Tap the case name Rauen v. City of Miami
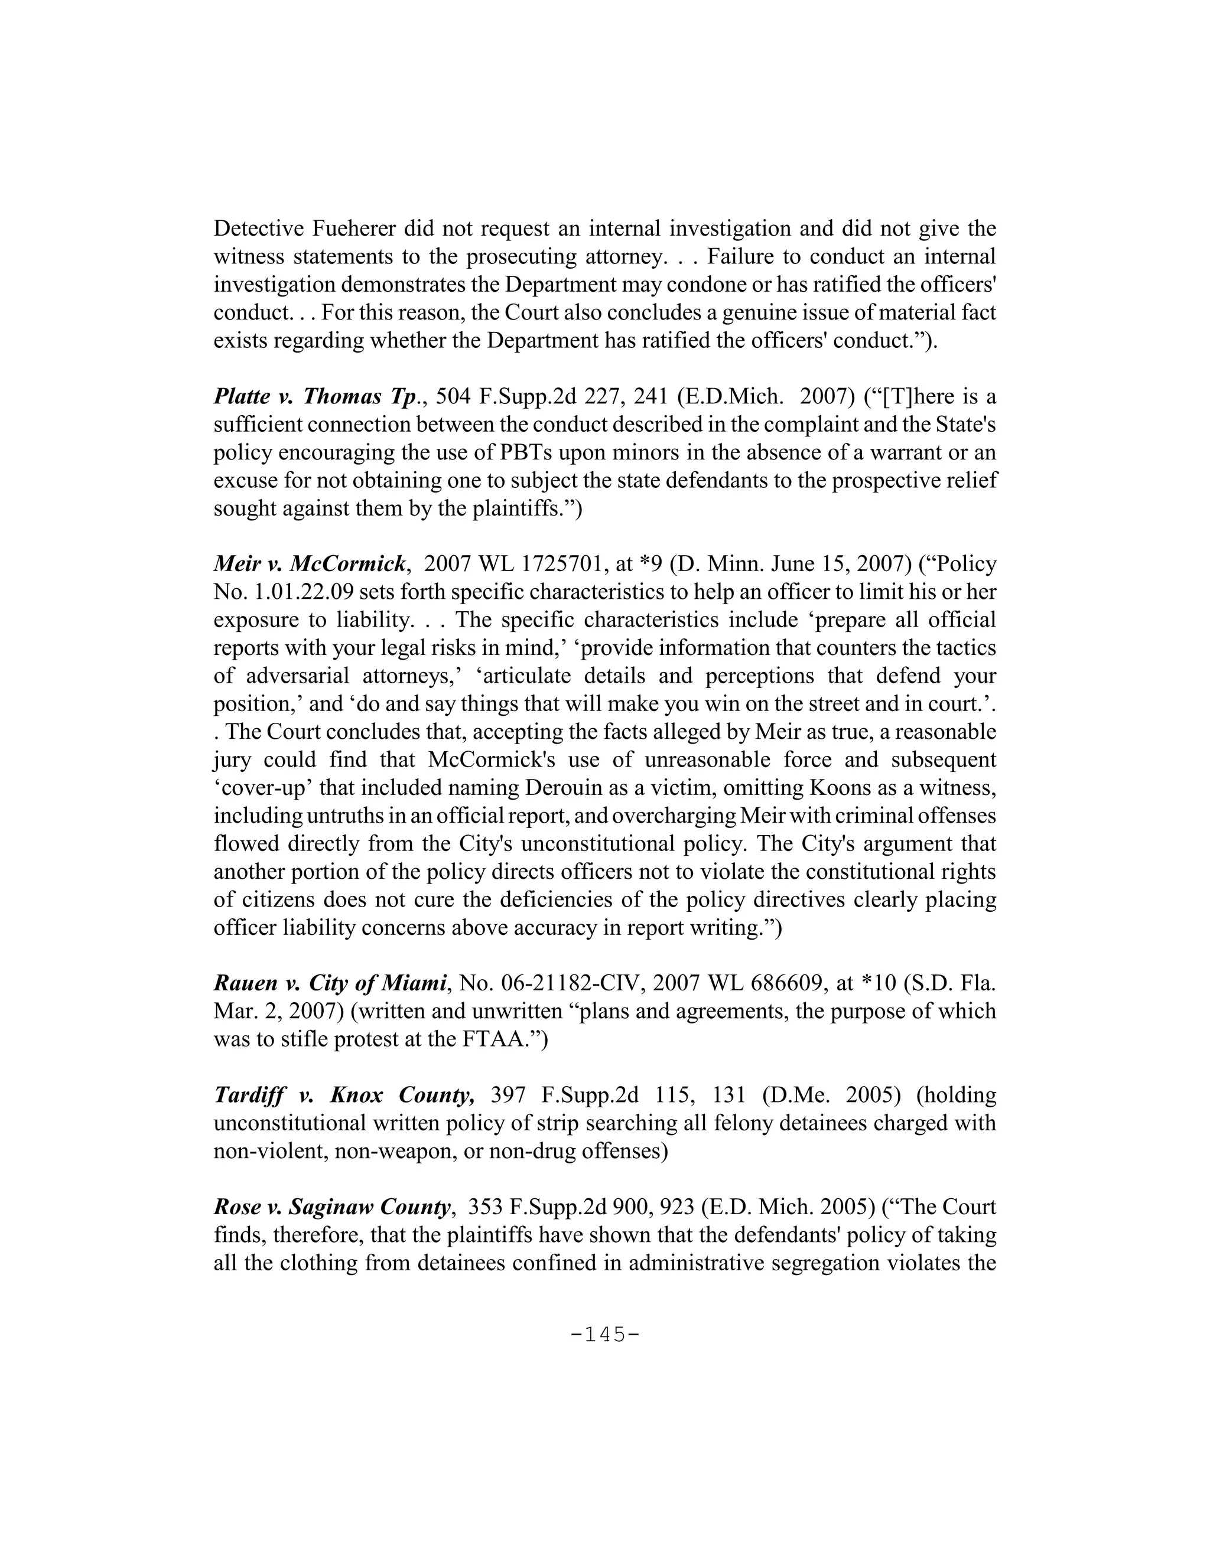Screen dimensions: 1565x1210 click(330, 983)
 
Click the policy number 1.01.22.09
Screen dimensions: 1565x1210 click(300, 592)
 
